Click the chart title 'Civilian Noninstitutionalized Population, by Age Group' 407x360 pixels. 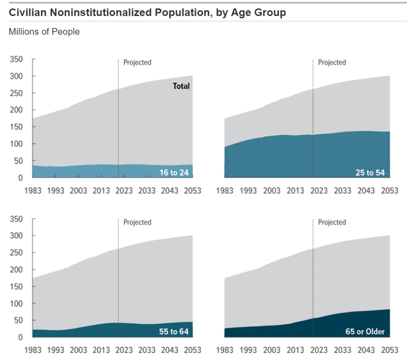pos(147,12)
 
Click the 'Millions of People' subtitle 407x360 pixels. pos(44,31)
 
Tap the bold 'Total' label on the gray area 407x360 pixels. pos(181,86)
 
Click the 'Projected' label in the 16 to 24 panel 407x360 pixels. pos(137,62)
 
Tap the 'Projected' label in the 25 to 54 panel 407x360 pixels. pos(332,62)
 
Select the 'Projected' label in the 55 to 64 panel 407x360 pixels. pos(137,222)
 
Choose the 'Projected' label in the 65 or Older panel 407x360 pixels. pos(332,222)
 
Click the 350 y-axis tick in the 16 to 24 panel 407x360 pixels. pos(16,59)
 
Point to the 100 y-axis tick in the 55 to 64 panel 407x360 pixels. pos(16,303)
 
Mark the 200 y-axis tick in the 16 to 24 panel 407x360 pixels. pos(16,110)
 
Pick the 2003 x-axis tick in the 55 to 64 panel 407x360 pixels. pos(78,350)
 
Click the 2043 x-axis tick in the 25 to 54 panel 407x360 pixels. pos(365,190)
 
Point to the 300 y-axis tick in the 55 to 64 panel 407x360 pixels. pos(16,236)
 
